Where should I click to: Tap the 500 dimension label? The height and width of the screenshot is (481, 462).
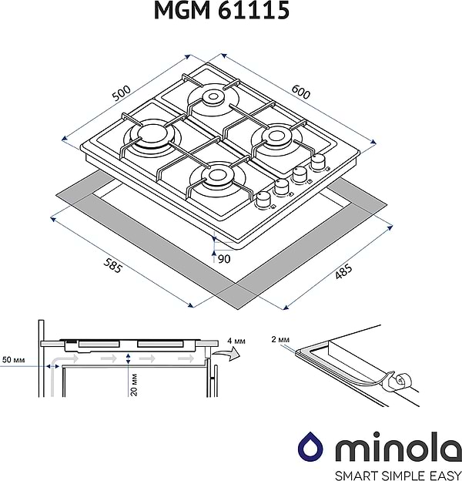[x=121, y=94]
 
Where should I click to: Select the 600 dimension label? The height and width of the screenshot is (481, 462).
[x=300, y=92]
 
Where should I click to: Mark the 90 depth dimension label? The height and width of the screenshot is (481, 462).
[x=224, y=259]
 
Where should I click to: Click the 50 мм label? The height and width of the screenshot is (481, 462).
[x=14, y=360]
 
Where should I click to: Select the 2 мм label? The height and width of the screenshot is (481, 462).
[x=281, y=339]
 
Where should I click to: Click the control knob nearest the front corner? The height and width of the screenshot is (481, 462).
[x=264, y=199]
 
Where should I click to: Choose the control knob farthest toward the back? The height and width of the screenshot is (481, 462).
[x=317, y=163]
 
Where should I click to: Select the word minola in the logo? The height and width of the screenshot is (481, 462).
[x=385, y=447]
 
